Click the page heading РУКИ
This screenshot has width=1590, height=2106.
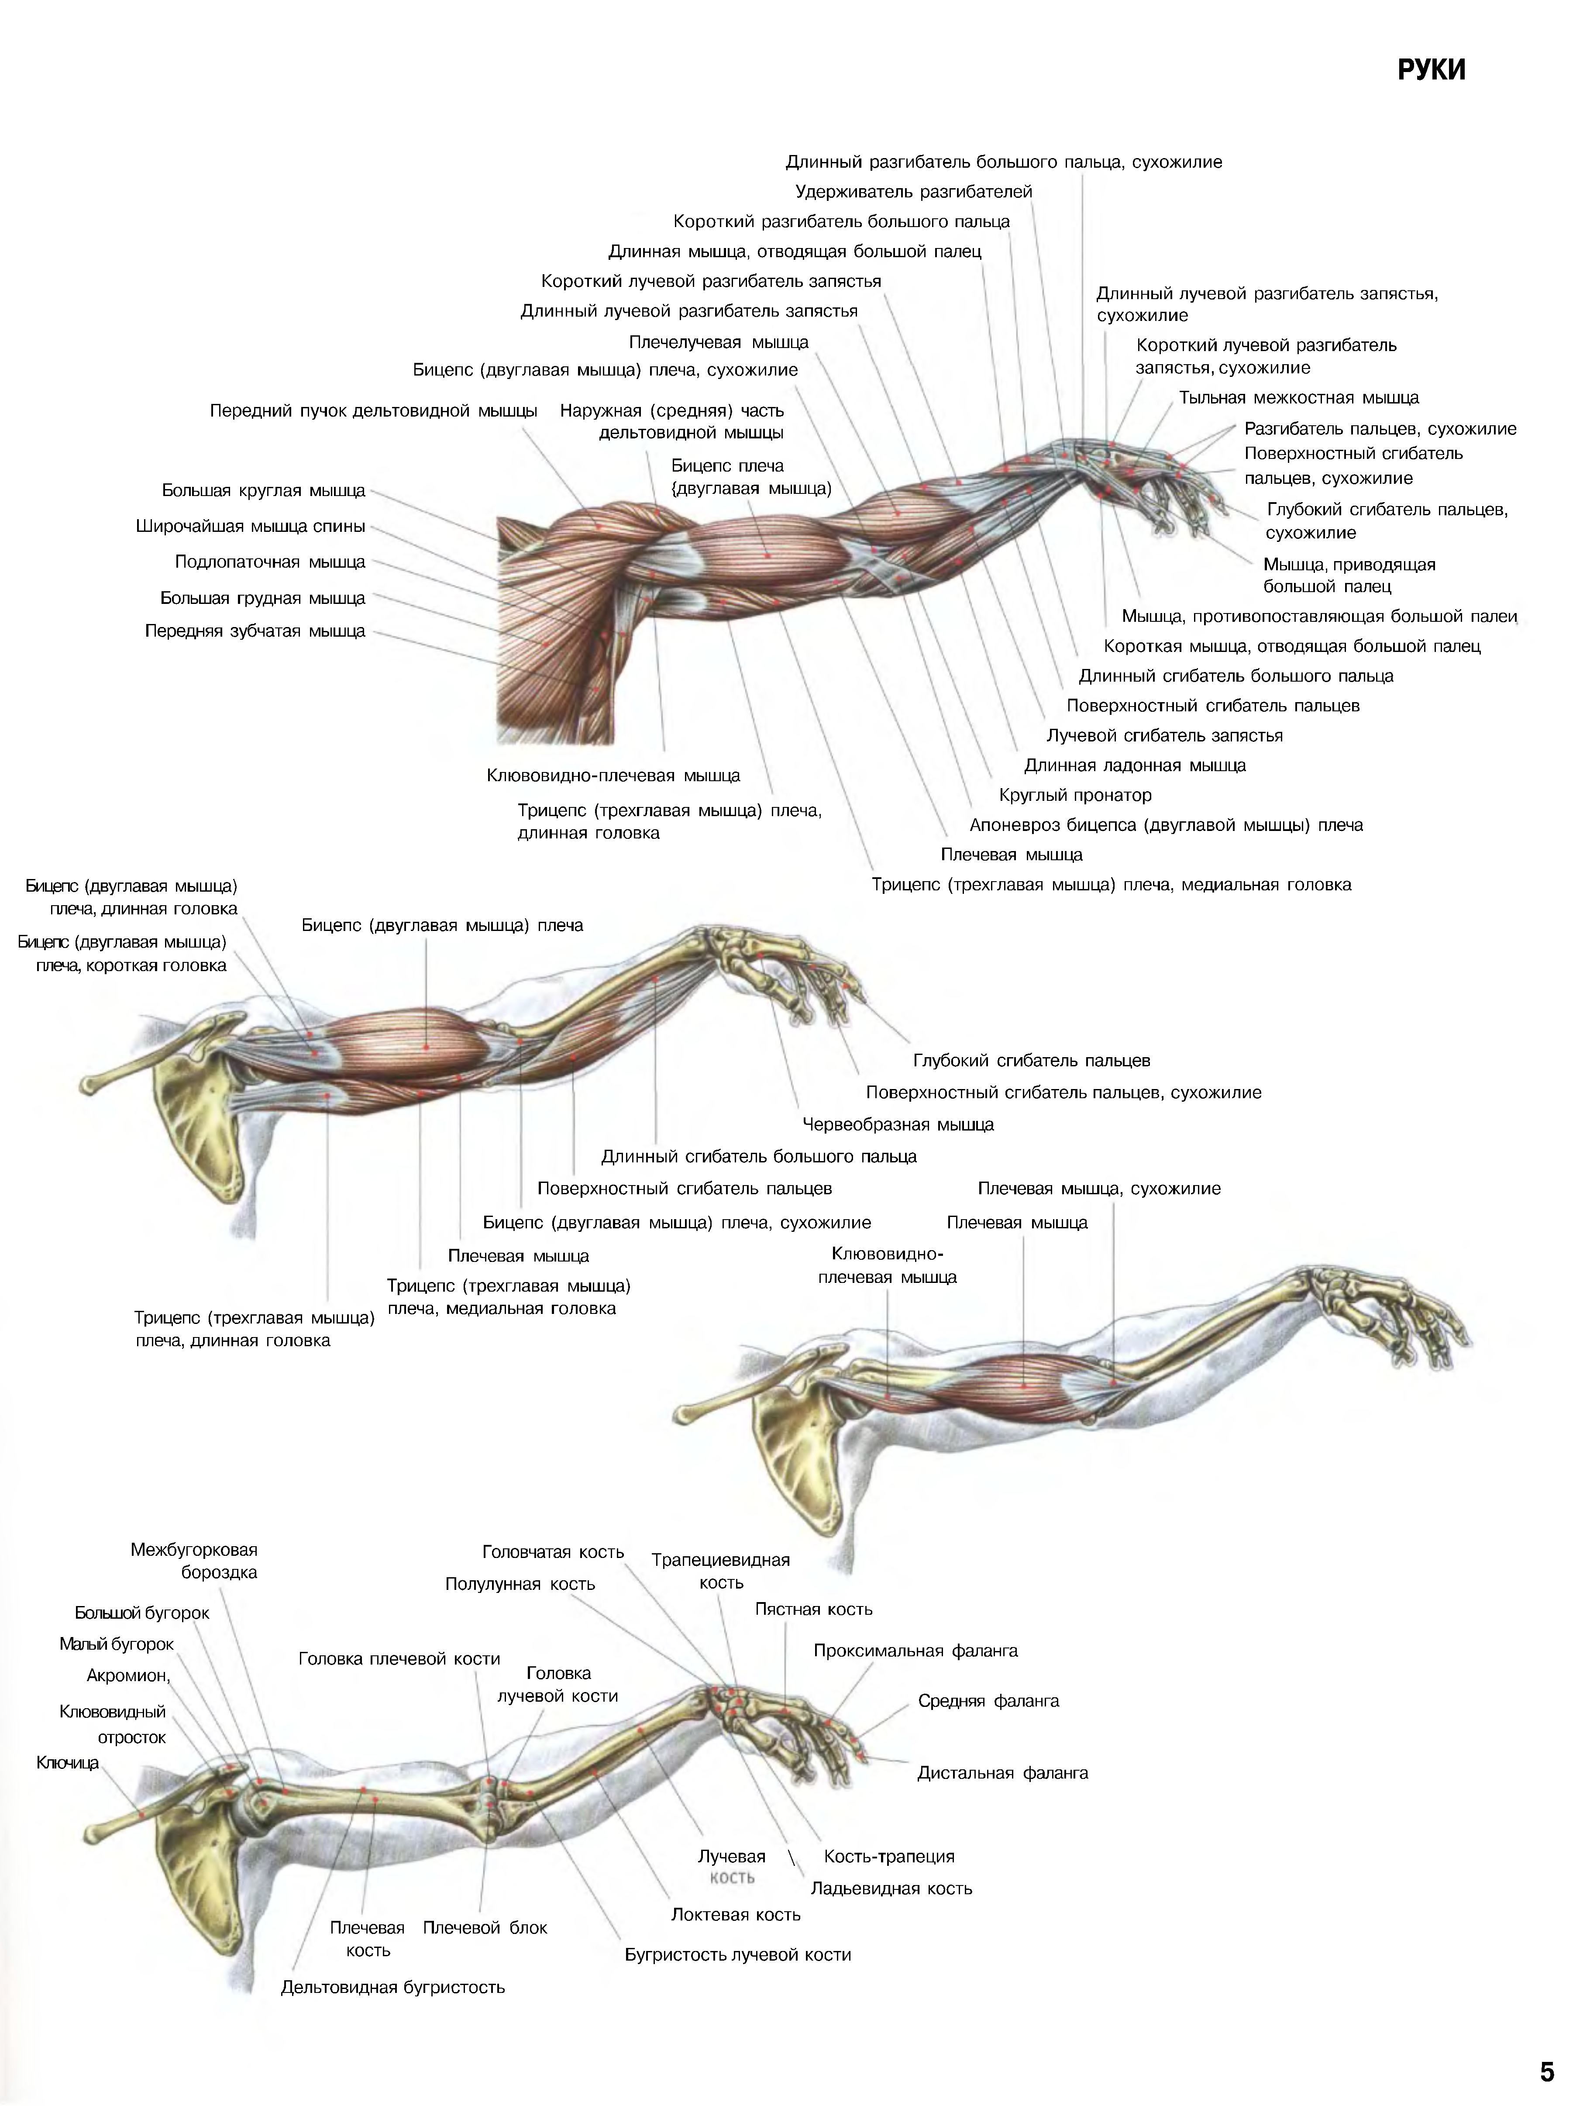coord(1431,70)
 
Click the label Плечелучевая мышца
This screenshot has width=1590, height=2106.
coord(719,342)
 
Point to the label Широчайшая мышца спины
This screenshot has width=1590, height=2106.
coord(251,527)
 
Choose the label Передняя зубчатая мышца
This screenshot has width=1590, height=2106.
coord(255,631)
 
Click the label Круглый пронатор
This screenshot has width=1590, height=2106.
coord(1075,795)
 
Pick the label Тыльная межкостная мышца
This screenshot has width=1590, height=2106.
coord(1299,398)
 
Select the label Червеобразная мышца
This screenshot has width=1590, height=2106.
coord(898,1124)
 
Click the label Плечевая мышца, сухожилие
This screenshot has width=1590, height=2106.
coord(1099,1188)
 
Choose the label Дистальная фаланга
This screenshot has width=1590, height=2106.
coord(1002,1773)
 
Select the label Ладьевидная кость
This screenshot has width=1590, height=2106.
coord(891,1888)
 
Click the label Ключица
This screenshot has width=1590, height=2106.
coord(68,1762)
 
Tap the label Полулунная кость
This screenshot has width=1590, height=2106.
coord(520,1583)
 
